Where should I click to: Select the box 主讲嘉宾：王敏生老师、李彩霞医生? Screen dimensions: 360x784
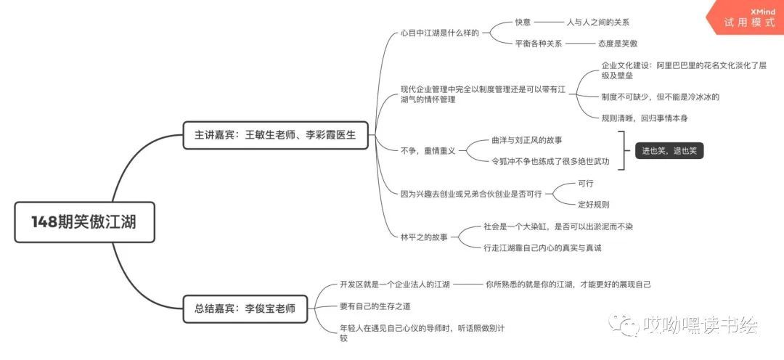pyautogui.click(x=275, y=135)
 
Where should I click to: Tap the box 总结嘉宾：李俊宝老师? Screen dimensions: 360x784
pyautogui.click(x=245, y=308)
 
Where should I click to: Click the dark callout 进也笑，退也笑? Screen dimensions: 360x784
pyautogui.click(x=669, y=151)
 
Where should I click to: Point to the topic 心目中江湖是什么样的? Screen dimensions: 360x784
pyautogui.click(x=440, y=33)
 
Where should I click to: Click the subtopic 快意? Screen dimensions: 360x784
pyautogui.click(x=523, y=22)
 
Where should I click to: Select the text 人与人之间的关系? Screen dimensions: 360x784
pyautogui.click(x=597, y=22)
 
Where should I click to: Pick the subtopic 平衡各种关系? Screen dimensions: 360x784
pyautogui.click(x=538, y=44)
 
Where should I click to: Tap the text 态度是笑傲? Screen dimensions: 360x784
pyautogui.click(x=618, y=44)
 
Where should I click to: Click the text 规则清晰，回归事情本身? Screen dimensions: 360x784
pyautogui.click(x=645, y=118)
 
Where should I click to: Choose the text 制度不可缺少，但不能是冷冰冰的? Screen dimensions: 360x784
pyautogui.click(x=660, y=97)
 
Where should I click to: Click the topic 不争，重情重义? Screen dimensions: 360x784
pyautogui.click(x=428, y=150)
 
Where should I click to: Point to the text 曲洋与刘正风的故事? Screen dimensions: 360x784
pyautogui.click(x=526, y=139)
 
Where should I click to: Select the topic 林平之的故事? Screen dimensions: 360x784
pyautogui.click(x=424, y=237)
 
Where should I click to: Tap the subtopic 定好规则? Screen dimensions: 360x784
pyautogui.click(x=593, y=205)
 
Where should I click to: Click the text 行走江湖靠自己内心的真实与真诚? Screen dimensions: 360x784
pyautogui.click(x=542, y=247)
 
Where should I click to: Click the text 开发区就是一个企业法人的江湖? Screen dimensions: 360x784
pyautogui.click(x=395, y=285)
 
